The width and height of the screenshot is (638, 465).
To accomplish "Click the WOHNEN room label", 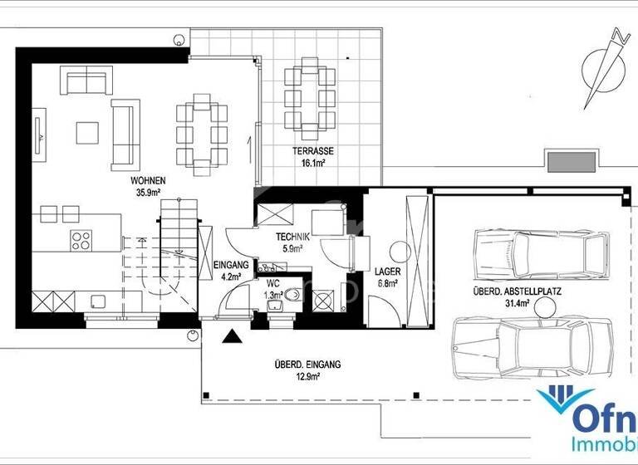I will [147, 180].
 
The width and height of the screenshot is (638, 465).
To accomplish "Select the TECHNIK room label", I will [293, 237].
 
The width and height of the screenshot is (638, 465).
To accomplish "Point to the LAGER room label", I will [386, 271].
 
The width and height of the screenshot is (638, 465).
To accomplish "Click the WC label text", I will [273, 283].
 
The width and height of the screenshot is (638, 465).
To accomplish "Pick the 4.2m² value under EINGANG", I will [228, 277].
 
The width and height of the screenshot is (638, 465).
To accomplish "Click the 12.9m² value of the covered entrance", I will [307, 376].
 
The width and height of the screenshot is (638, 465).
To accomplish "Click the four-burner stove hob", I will [81, 241].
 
